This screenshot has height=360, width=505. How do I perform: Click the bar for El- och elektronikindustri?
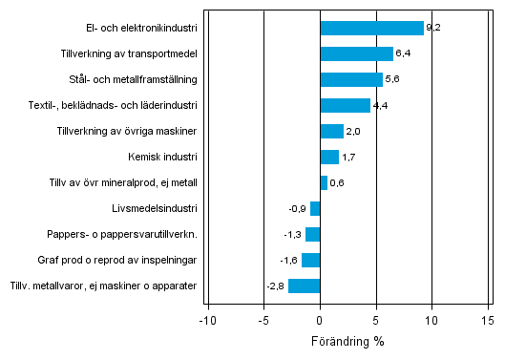(x=371, y=28)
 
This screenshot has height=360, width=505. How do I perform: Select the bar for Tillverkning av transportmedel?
(x=356, y=53)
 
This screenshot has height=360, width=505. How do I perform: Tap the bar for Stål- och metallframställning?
(x=351, y=79)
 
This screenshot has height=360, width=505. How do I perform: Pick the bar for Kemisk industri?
(x=329, y=157)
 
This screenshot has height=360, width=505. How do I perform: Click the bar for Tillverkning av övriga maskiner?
(x=331, y=131)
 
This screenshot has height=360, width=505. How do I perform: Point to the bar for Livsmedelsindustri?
(x=315, y=208)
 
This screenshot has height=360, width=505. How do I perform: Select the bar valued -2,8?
(x=305, y=286)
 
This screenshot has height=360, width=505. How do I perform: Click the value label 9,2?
(x=433, y=28)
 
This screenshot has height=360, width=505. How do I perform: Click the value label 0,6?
(x=337, y=182)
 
